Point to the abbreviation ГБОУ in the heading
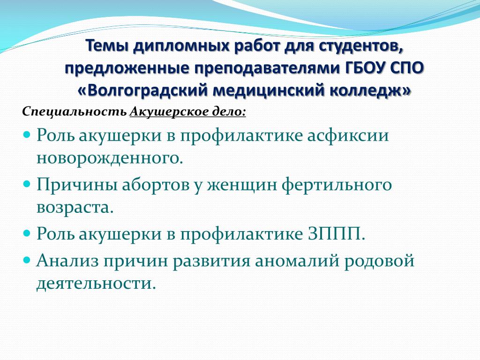pos(367,68)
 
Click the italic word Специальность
pos(75,112)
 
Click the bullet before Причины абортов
pos(27,184)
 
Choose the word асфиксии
pos(348,135)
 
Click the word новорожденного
pos(110,158)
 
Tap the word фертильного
pos(337,185)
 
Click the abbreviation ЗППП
pos(336,234)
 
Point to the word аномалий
pos(297,261)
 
